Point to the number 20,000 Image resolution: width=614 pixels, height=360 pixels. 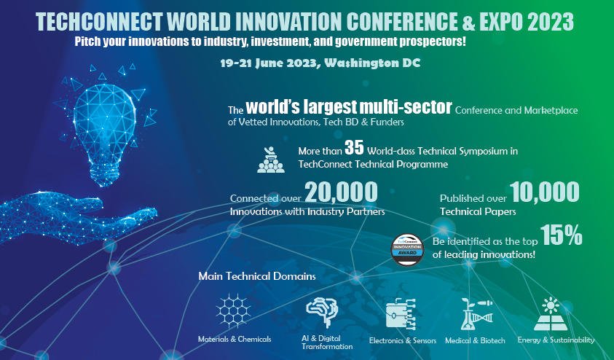point(341,192)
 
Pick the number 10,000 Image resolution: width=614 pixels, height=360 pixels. point(545,192)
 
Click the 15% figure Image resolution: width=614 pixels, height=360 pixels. point(562,235)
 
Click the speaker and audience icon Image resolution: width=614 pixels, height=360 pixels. point(270,157)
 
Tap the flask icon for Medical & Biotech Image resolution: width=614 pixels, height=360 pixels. point(473,314)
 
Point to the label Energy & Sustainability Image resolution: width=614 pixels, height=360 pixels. point(556,340)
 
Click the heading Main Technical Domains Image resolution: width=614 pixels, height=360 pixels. point(257,277)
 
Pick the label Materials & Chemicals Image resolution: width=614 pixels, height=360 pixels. point(235,340)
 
